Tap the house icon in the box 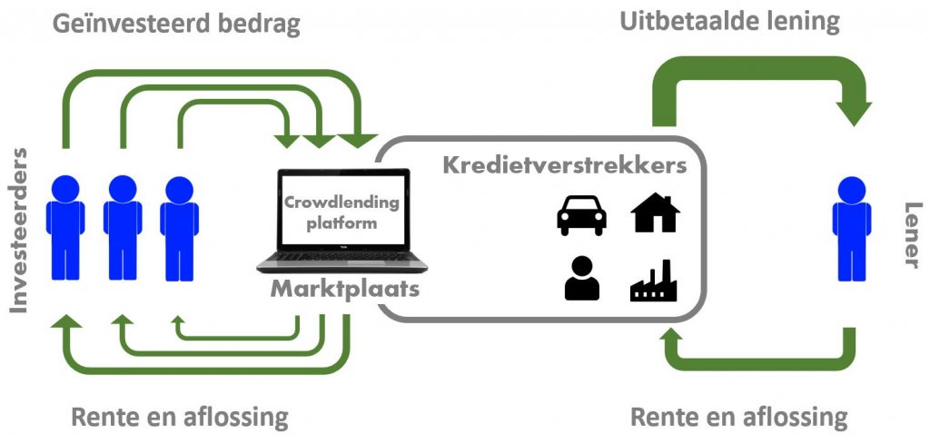655,213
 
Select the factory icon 655,281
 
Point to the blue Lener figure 851,228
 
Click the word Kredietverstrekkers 564,166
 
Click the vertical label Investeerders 18,229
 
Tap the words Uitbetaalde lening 729,20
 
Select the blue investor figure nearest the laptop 179,228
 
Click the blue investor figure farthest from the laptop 65,228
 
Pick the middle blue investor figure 123,228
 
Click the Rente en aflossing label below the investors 179,418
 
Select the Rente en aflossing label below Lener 738,418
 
